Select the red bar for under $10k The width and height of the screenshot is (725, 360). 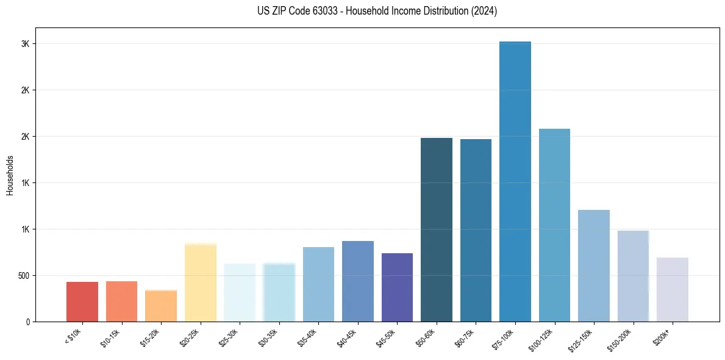tap(82, 301)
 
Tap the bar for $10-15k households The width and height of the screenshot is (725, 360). tap(121, 301)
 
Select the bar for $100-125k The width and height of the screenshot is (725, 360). tap(554, 225)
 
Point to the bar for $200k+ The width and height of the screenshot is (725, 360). tap(672, 289)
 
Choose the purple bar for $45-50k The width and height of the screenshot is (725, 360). tap(397, 287)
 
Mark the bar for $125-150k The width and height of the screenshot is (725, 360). tap(593, 265)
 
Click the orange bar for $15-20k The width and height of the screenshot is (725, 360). tap(161, 306)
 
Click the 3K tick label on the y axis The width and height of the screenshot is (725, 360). tap(24, 44)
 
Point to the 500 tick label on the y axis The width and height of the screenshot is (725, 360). tap(23, 275)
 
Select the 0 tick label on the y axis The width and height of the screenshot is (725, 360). tap(27, 322)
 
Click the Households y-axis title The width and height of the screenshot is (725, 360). tap(10, 175)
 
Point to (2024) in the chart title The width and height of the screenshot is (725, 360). tap(484, 11)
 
